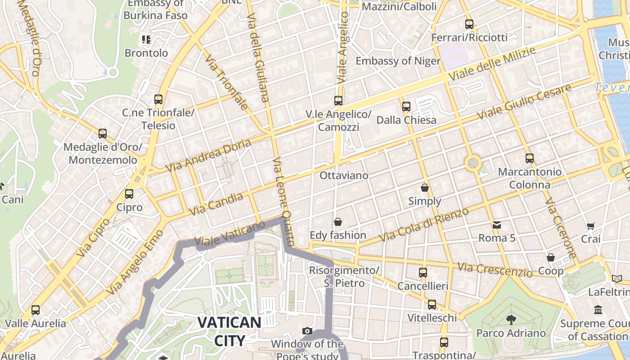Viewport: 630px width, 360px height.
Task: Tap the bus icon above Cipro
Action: (x=129, y=194)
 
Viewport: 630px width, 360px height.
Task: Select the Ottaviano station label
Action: (x=344, y=175)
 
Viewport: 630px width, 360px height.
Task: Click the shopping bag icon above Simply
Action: (x=424, y=187)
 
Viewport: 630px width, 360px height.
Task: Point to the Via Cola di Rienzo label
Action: (x=424, y=225)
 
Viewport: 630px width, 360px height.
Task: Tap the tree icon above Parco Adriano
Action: (x=511, y=320)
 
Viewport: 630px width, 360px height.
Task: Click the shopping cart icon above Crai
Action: (x=590, y=226)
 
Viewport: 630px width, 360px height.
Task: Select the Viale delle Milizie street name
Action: (x=492, y=63)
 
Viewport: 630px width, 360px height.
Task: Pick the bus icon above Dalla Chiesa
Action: (x=406, y=107)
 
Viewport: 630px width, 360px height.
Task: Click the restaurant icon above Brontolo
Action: (x=146, y=40)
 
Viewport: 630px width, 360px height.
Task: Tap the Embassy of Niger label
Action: (x=398, y=61)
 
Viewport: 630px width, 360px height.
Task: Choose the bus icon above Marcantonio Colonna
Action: (x=530, y=158)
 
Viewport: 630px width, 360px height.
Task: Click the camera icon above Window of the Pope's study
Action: (x=307, y=331)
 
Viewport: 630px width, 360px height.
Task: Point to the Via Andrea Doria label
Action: (x=208, y=156)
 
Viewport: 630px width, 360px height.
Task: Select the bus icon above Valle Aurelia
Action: (x=36, y=310)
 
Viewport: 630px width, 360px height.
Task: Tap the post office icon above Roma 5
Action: (x=497, y=225)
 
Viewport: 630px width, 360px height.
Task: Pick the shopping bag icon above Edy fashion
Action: (x=337, y=222)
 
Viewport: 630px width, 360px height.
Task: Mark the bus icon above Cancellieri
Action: (x=423, y=273)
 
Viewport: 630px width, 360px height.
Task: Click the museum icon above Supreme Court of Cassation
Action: (x=598, y=310)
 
